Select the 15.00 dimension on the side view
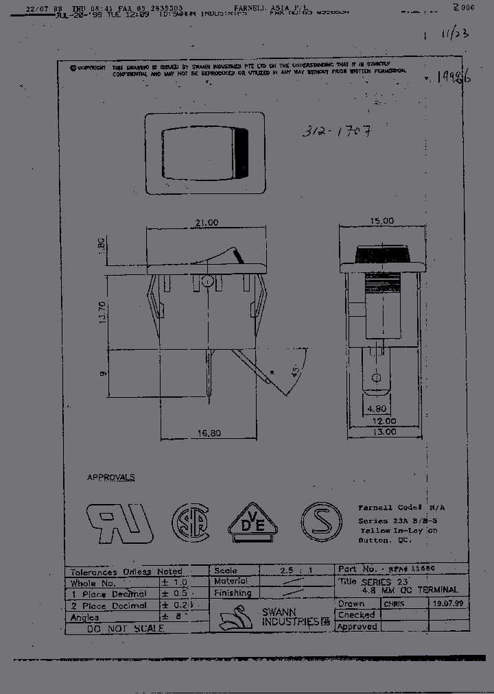pyautogui.click(x=383, y=221)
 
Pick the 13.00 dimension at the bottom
pyautogui.click(x=384, y=431)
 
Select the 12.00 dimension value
pyautogui.click(x=384, y=421)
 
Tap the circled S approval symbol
pyautogui.click(x=322, y=523)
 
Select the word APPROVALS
pyautogui.click(x=111, y=477)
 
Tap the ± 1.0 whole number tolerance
pyautogui.click(x=174, y=582)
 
